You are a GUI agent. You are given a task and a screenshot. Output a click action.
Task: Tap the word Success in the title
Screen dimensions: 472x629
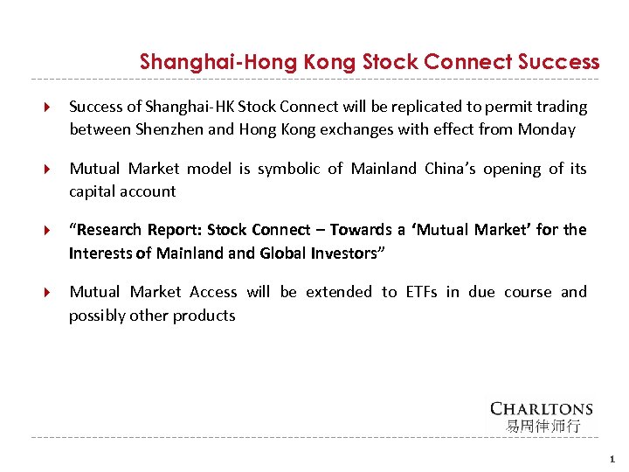pyautogui.click(x=558, y=63)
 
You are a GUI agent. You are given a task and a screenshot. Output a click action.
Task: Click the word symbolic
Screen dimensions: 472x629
pyautogui.click(x=287, y=169)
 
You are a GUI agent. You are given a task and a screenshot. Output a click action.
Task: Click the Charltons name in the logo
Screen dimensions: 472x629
pyautogui.click(x=542, y=409)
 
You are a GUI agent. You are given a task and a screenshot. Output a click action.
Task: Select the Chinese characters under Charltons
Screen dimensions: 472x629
pyautogui.click(x=542, y=427)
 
